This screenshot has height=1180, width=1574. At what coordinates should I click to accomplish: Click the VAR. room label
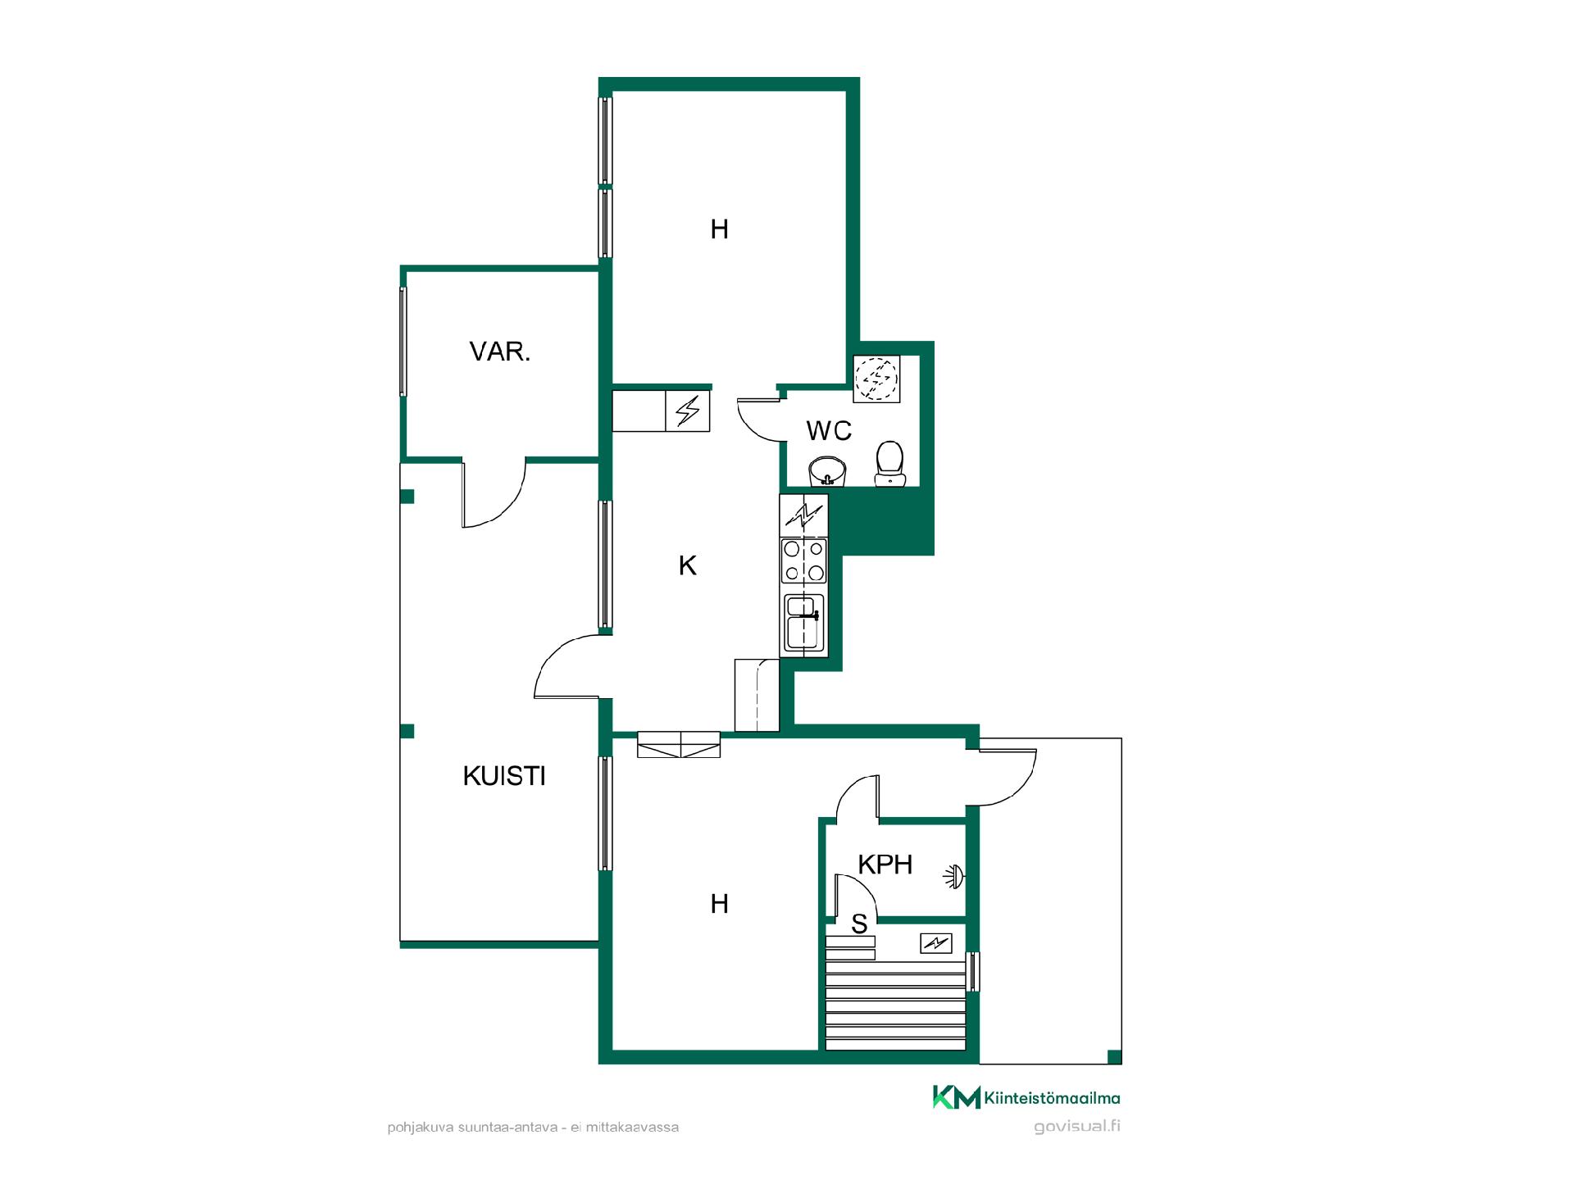[500, 352]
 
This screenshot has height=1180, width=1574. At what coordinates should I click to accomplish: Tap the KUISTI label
[504, 776]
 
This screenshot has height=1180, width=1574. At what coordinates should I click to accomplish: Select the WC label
[829, 430]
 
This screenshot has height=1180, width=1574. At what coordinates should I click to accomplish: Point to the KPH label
[885, 865]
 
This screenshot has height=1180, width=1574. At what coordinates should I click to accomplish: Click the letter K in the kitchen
[688, 565]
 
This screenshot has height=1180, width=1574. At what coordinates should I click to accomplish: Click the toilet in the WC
[889, 464]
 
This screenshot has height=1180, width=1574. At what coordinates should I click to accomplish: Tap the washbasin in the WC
[827, 472]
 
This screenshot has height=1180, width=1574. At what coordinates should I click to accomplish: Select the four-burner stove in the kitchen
[804, 560]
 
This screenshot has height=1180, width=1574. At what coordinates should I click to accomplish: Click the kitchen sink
[803, 623]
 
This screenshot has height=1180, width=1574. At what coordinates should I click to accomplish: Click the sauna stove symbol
[936, 944]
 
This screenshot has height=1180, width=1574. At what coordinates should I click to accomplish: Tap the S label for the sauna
[859, 924]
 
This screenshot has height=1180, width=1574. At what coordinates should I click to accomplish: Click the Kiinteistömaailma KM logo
[1026, 1097]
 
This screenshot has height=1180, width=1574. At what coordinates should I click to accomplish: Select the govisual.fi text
[1077, 1126]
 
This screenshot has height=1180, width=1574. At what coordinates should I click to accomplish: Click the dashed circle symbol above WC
[877, 379]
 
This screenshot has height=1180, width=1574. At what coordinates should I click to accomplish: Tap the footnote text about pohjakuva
[533, 1128]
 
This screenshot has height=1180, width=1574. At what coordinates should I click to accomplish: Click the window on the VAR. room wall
[403, 342]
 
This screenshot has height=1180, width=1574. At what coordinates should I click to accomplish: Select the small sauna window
[974, 972]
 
